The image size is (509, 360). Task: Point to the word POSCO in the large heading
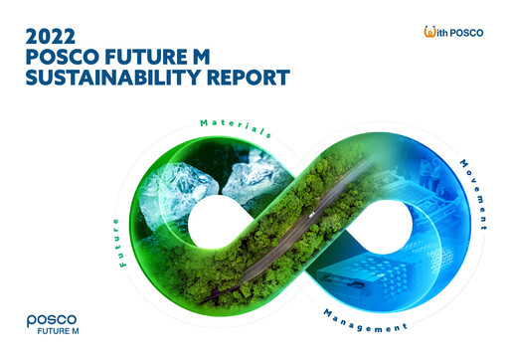point(59,56)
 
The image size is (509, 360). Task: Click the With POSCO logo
point(452,33)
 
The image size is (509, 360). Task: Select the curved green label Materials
point(236,128)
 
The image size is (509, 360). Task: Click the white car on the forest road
point(311,212)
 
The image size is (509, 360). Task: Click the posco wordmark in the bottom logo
point(51,321)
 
